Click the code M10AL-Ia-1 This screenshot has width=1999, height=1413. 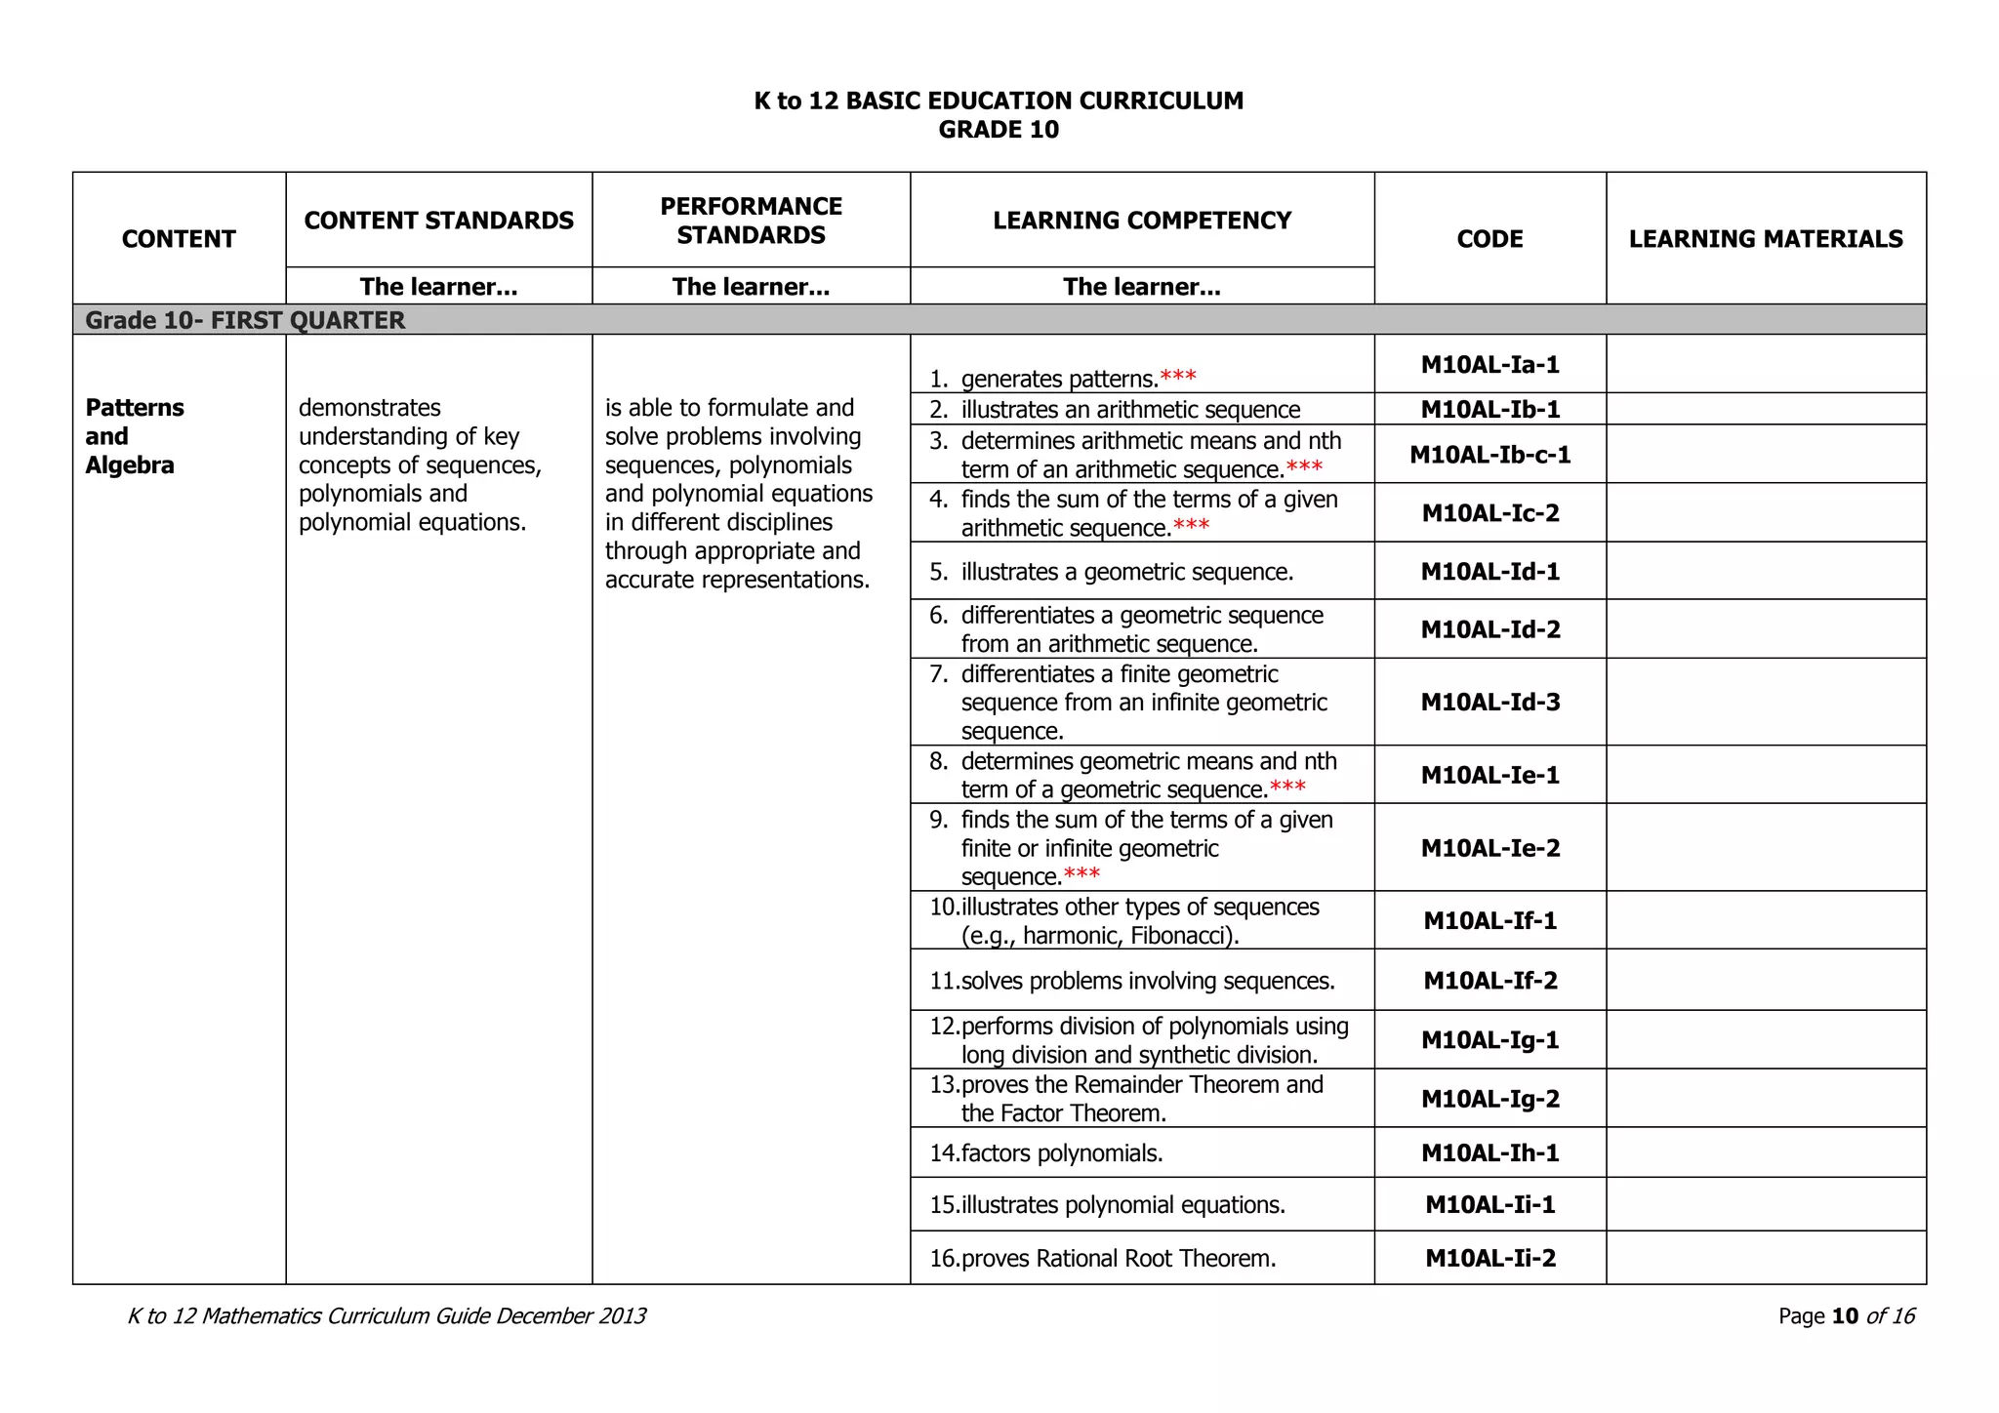coord(1489,365)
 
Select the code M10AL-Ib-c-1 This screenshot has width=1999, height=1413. coord(1489,455)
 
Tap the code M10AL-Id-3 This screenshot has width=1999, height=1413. coord(1489,703)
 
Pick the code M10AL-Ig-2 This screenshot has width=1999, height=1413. coord(1489,1100)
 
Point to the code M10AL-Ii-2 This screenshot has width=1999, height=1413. coord(1489,1259)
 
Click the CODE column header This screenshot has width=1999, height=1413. coord(1489,239)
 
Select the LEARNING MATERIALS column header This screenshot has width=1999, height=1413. coord(1765,239)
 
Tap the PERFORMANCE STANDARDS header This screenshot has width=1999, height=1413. coord(751,221)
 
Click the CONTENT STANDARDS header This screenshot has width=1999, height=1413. coord(438,221)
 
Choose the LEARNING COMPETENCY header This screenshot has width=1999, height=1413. coord(1141,221)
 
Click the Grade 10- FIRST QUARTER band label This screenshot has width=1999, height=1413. coord(245,320)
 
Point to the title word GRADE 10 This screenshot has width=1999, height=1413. coord(998,130)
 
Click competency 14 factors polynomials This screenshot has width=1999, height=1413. coord(1061,1153)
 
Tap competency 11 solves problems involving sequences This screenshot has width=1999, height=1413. coord(1147,981)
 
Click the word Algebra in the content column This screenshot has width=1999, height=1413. coord(129,465)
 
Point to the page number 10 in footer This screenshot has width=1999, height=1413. coord(1845,1316)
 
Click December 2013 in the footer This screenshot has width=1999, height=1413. coord(570,1316)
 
